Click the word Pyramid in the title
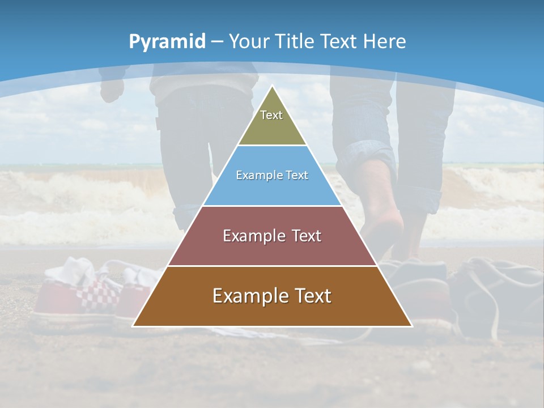click(167, 42)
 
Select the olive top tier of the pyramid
click(272, 125)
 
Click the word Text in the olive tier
click(271, 115)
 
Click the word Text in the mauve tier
click(302, 236)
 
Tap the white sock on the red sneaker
click(71, 269)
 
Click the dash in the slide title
click(216, 42)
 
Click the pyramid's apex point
click(272, 86)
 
